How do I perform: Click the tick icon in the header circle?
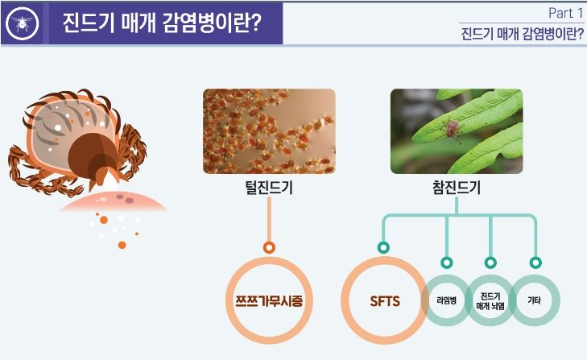click(x=22, y=23)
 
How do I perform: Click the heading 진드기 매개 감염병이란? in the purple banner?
click(x=161, y=23)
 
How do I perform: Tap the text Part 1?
click(x=565, y=13)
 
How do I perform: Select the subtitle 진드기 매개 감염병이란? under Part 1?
click(x=522, y=33)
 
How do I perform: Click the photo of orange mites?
click(x=269, y=131)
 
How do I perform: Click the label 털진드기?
click(x=269, y=188)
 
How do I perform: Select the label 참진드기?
click(x=457, y=188)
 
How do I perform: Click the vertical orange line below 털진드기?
click(x=269, y=219)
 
